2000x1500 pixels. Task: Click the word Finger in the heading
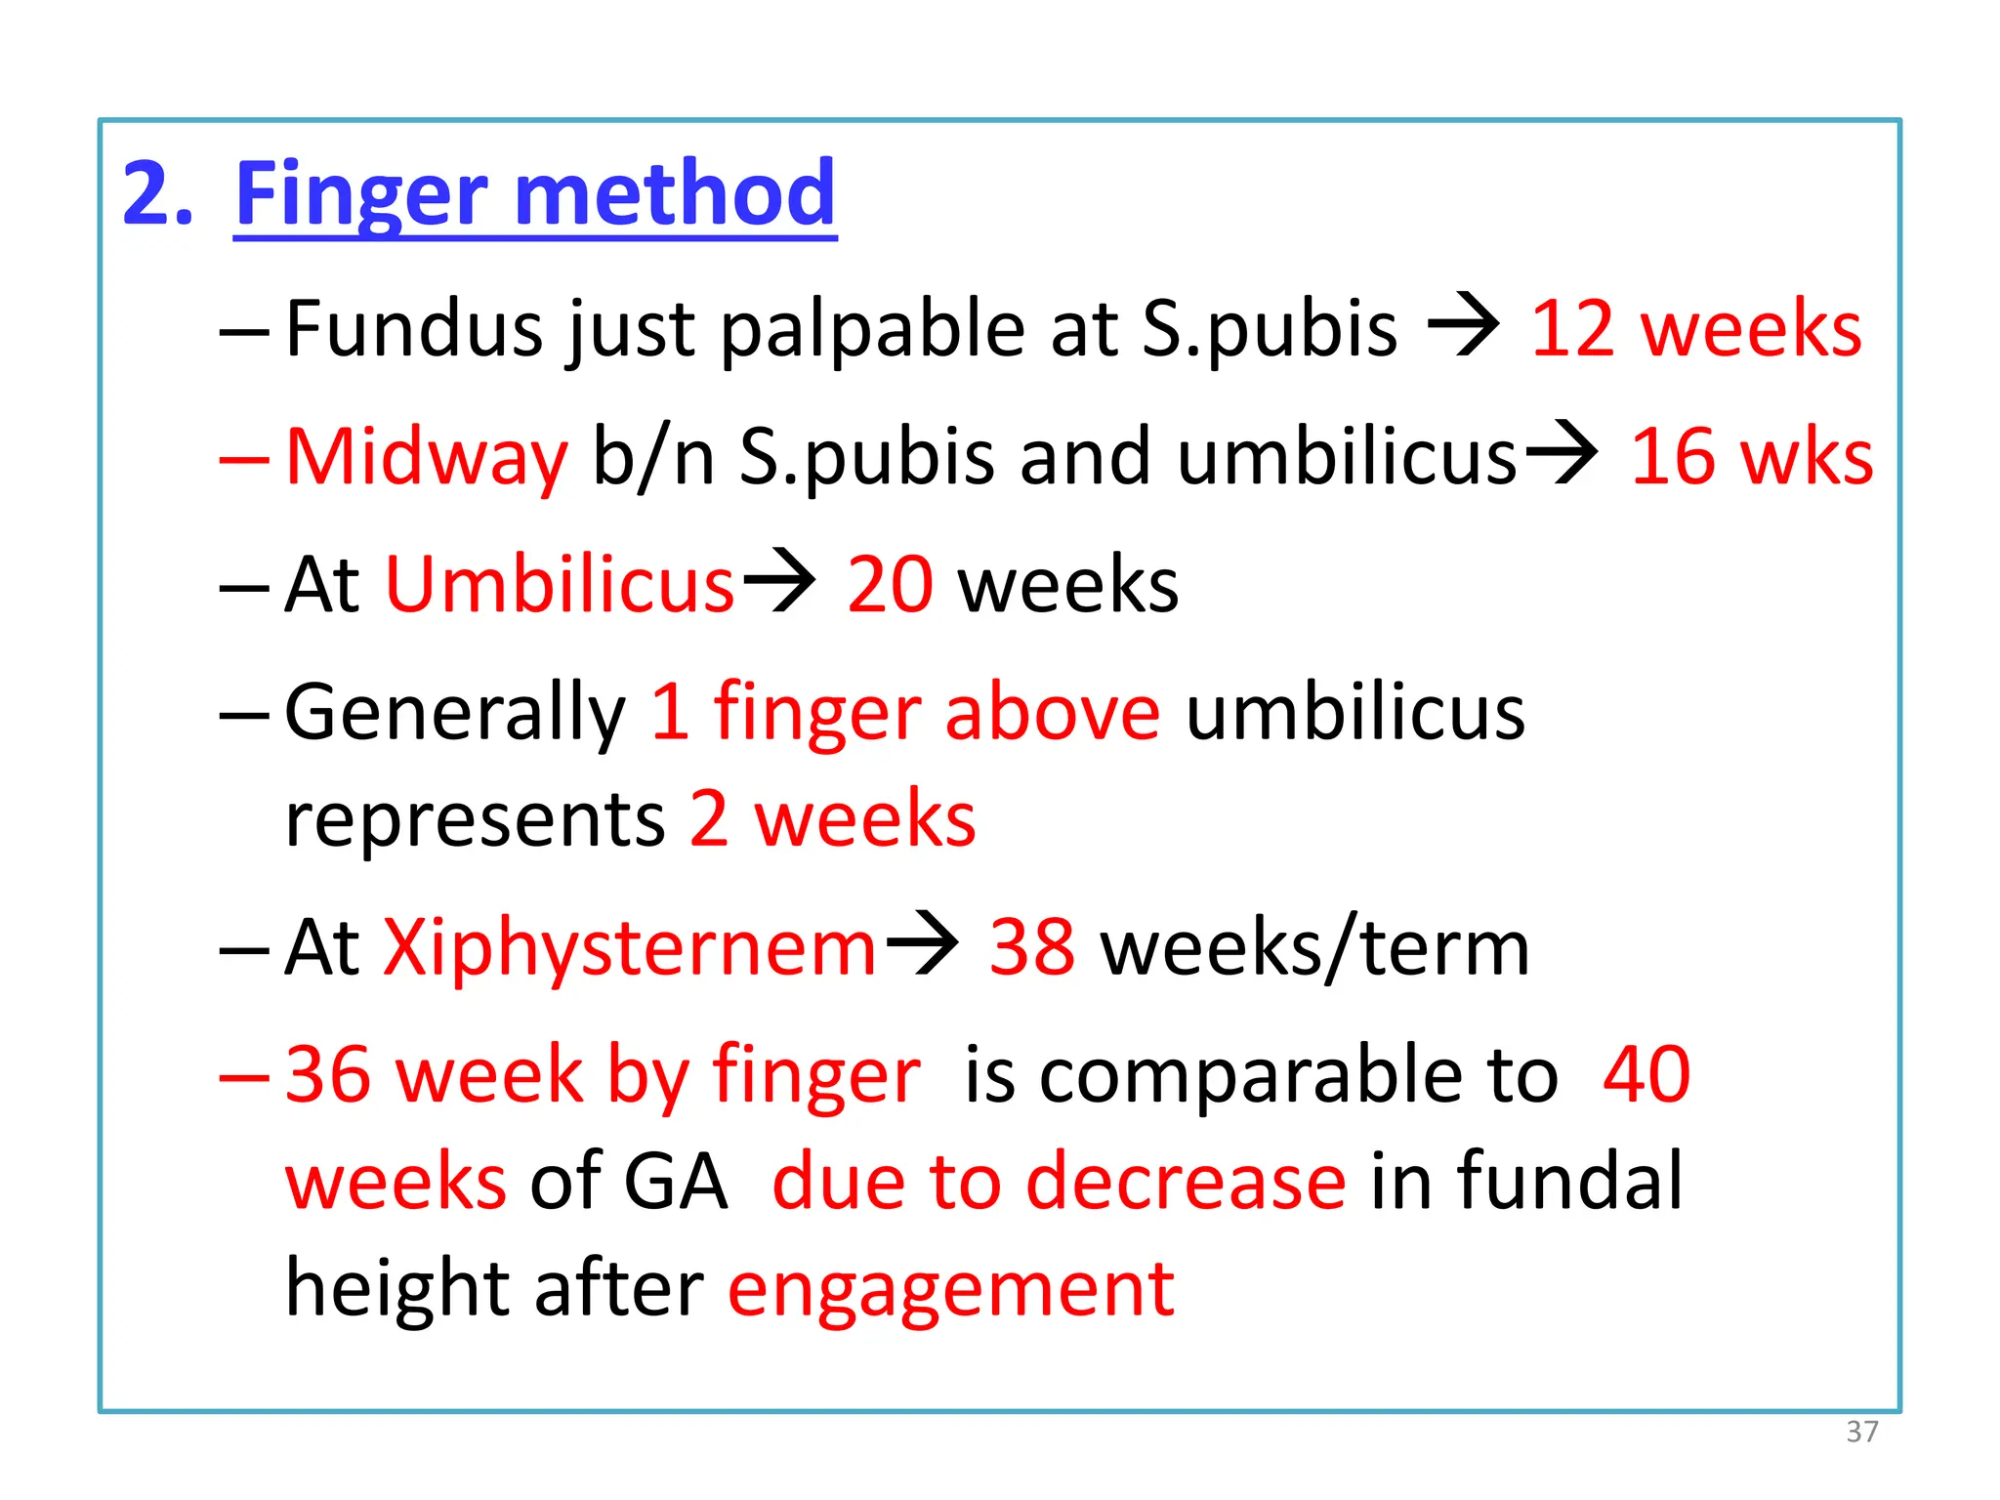(362, 194)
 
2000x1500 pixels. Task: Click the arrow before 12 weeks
(1463, 325)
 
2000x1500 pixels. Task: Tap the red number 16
(1673, 457)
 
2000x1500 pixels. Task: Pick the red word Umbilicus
(560, 585)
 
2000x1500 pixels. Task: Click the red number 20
(890, 585)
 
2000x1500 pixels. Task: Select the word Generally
(455, 713)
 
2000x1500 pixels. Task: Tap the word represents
(475, 819)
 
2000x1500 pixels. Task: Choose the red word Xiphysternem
(630, 947)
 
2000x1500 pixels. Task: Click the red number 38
(1032, 947)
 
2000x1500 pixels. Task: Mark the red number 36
(328, 1075)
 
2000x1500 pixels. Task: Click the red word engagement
(951, 1290)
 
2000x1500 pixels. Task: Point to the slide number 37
(1862, 1432)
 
